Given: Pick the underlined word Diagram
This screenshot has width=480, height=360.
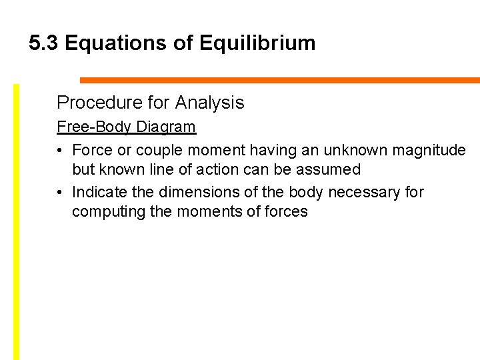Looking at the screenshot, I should point(166,127).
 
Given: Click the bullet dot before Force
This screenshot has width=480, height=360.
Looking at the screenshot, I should point(61,151).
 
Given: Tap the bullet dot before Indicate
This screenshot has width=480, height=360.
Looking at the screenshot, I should point(61,193).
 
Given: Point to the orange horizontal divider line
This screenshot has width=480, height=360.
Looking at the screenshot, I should point(280,80).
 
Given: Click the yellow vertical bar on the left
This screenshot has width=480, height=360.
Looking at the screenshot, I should point(17,220).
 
